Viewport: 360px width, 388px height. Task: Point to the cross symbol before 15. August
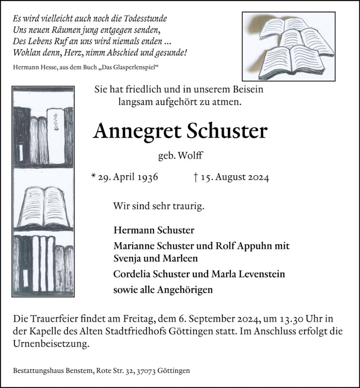[x=196, y=177]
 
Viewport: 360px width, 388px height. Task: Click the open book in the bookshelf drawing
[x=43, y=206]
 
